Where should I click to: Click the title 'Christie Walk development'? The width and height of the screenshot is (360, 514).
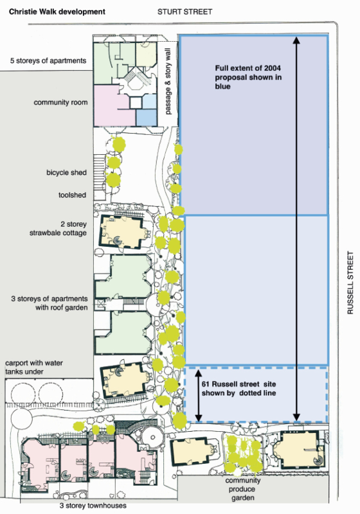[x=57, y=12]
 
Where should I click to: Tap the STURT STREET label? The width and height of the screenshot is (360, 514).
[x=185, y=12]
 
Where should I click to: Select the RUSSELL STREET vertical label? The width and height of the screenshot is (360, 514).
[x=350, y=283]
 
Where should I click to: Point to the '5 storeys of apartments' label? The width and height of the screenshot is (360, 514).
[x=48, y=60]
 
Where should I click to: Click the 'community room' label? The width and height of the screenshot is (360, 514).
[x=60, y=102]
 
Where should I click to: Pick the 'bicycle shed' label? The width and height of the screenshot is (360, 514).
[x=67, y=172]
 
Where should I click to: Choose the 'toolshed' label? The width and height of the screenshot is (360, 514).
[x=72, y=195]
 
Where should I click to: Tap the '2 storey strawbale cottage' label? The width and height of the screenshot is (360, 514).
[x=58, y=229]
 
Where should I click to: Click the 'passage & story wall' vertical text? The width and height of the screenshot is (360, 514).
[x=168, y=82]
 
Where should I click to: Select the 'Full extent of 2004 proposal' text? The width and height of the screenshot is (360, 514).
[x=248, y=77]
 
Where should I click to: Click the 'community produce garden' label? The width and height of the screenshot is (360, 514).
[x=242, y=489]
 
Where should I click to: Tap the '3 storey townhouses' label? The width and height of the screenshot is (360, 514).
[x=93, y=506]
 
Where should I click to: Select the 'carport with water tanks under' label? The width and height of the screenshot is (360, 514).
[x=34, y=367]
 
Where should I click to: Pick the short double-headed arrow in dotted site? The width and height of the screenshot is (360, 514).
[x=199, y=396]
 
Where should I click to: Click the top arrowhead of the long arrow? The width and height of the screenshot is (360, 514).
[x=296, y=40]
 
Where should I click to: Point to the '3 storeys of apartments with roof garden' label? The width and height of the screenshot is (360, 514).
[x=50, y=303]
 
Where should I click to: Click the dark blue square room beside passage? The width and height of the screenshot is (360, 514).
[x=146, y=118]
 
